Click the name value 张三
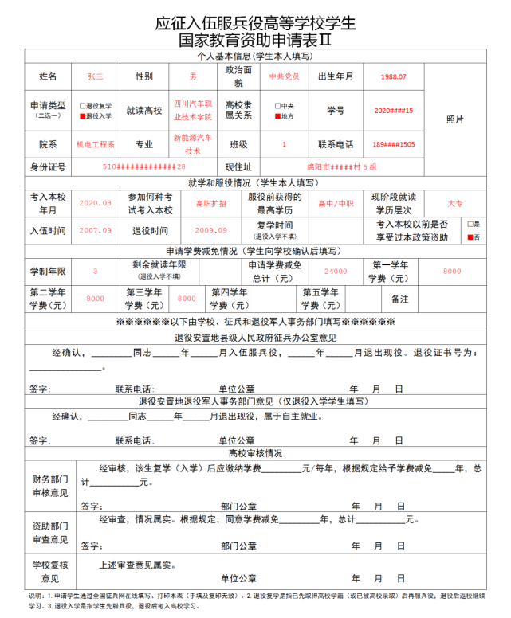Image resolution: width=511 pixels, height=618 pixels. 96,76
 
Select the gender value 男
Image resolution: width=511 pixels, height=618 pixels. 192,76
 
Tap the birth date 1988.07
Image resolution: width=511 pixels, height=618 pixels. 393,76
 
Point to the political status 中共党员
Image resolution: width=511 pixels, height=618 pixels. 285,76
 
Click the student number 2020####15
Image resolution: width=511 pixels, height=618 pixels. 393,111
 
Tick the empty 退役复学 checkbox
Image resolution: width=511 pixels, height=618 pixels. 82,105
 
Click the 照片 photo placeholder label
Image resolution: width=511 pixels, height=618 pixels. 455,119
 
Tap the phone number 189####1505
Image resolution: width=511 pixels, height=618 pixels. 393,145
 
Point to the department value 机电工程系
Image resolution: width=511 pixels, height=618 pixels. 96,145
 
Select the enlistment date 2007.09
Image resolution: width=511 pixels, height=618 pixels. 96,230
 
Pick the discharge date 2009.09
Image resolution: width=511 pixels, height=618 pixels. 210,230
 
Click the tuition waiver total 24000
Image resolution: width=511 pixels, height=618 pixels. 336,271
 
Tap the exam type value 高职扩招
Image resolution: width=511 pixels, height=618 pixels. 210,202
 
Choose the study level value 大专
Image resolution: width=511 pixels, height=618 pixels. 455,202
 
